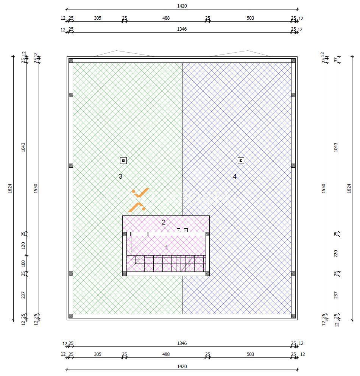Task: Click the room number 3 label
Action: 120,176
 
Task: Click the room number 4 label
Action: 235,176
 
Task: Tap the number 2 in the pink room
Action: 164,222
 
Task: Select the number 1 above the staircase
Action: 167,248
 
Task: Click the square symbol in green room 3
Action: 123,161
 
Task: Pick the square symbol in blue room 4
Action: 241,161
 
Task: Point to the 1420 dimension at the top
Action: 182,6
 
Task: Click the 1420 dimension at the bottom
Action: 182,367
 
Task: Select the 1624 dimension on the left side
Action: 10,188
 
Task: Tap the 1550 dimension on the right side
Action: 324,188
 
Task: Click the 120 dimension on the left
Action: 23,245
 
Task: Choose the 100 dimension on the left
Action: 23,264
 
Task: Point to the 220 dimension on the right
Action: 336,254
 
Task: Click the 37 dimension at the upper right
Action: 336,59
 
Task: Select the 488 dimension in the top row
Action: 166,18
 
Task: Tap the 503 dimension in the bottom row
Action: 250,354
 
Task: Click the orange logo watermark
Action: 139,200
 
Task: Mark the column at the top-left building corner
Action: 71,61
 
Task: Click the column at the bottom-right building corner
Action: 293,316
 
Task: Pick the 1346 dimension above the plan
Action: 182,29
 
